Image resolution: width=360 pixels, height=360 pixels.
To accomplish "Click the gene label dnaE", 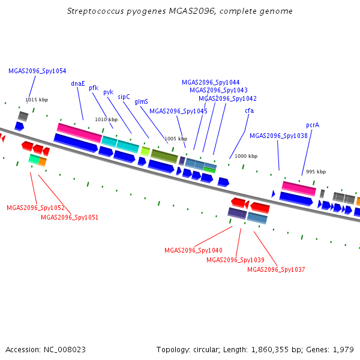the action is coord(78,83).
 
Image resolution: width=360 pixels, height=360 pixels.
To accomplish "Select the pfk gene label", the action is coord(94,88).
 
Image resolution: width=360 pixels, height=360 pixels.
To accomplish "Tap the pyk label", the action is coord(109,92).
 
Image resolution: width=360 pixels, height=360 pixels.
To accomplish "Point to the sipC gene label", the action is coord(124,97).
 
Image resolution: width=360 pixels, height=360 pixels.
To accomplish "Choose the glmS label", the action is coord(141,102).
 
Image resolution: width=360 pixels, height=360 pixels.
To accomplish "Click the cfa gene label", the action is coord(250,110).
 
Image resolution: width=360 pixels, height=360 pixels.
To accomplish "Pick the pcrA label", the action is coord(313,125).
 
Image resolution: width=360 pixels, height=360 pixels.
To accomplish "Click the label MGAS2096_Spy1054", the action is coord(37,71).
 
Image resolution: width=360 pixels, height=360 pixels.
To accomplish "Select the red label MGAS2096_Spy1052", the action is coord(35,208).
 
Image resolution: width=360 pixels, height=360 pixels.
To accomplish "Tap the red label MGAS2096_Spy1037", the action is coord(276,269).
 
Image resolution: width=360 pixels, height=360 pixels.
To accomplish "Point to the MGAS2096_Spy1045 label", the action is coord(178,111).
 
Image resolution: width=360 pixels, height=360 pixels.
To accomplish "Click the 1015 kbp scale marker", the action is coord(37,100).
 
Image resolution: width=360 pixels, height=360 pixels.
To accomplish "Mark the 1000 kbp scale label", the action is coord(246,156).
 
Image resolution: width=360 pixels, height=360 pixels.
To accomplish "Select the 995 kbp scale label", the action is coord(316,172).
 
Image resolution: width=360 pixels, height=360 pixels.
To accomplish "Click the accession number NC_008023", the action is coord(65,350).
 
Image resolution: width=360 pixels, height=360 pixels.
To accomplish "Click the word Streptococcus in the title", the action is coord(95,11).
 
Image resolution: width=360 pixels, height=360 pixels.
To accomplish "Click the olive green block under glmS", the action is coord(164,156).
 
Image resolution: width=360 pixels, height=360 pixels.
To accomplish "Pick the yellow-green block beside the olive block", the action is coord(145,152).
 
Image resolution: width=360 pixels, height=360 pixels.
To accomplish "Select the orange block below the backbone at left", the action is coord(43,161).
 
